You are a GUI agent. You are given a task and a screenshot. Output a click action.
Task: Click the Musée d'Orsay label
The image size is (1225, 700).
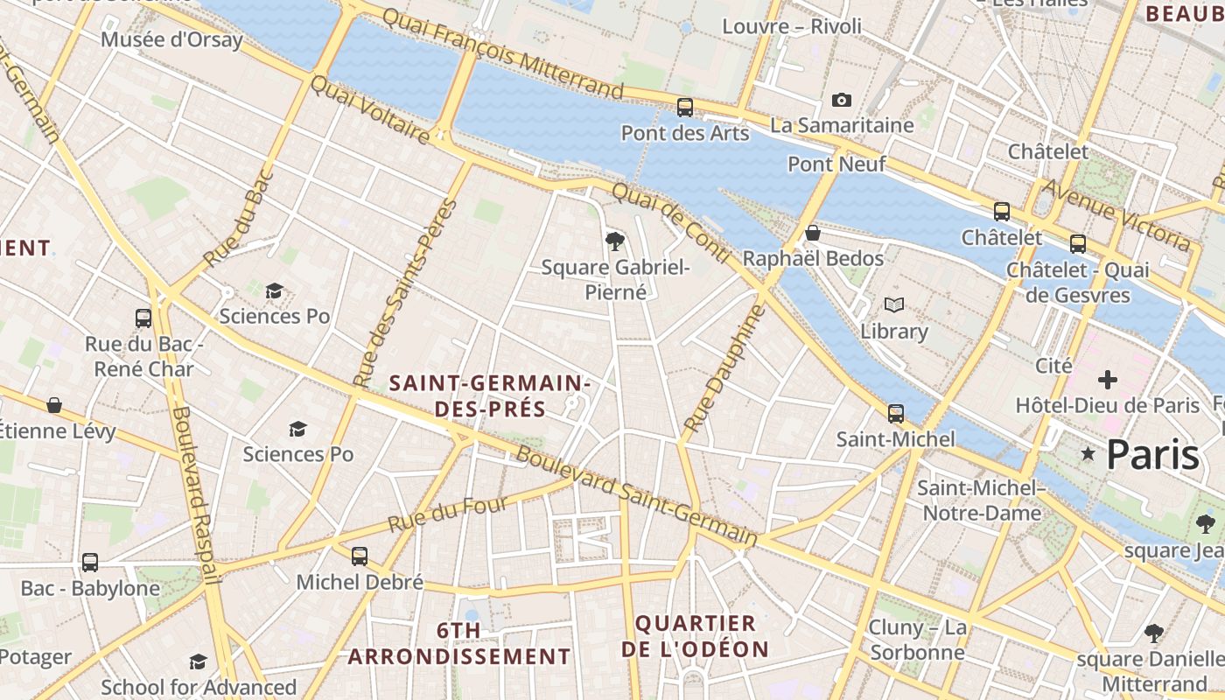pos(171,39)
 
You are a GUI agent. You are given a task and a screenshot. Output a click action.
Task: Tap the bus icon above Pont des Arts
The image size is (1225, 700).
pos(685,108)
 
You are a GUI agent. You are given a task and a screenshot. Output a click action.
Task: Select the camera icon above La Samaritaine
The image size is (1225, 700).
pos(842,100)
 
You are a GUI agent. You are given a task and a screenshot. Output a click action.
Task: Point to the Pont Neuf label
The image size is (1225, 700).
pos(836,164)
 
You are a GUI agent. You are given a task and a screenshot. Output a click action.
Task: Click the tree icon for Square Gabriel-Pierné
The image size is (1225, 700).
pos(615,241)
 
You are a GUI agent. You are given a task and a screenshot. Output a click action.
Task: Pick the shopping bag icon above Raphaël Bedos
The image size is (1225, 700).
pos(813,233)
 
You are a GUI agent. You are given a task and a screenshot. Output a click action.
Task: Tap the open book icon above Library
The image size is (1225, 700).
pos(893,305)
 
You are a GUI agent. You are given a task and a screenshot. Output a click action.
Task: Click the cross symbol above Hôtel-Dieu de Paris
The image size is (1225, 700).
pos(1108,380)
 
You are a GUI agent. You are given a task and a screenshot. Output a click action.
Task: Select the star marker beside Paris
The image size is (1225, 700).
pos(1088,453)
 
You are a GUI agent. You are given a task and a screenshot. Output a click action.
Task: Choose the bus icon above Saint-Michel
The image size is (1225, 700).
pos(896,413)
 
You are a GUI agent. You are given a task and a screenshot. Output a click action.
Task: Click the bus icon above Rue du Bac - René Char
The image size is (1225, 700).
pos(143,318)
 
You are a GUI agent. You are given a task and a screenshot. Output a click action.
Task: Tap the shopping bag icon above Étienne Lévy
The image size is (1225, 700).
pos(54,404)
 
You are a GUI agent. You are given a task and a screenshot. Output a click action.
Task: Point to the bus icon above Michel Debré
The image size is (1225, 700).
pos(359,556)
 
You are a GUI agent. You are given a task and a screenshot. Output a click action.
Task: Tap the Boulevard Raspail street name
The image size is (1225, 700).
pos(196,494)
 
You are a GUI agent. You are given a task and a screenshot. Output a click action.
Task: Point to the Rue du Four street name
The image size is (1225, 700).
pos(447,515)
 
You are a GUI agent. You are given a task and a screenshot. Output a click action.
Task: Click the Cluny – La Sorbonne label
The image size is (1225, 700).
pos(917,640)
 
